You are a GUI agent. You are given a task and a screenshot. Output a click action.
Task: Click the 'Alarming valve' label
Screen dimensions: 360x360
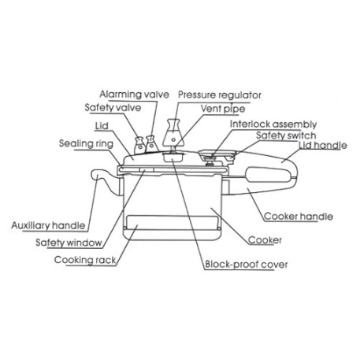click(134, 95)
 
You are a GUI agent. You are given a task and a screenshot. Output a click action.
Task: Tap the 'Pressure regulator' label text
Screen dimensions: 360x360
click(220, 95)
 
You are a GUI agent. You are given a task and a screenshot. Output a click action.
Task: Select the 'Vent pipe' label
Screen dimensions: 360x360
click(223, 109)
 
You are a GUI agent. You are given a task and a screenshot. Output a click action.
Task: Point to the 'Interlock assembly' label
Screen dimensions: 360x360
click(273, 124)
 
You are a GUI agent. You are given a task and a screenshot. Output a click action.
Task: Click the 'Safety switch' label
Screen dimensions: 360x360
click(286, 135)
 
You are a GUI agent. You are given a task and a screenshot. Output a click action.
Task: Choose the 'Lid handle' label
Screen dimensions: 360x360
click(323, 145)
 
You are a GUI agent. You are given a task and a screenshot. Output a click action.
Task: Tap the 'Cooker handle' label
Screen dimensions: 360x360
click(299, 217)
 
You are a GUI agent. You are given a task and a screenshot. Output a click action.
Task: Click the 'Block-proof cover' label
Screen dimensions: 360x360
click(247, 264)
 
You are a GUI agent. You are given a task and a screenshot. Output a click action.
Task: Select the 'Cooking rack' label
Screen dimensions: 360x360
click(85, 260)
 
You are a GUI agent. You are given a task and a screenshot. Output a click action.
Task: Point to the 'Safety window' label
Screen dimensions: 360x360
click(69, 243)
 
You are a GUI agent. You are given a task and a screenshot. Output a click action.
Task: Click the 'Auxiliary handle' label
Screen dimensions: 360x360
click(48, 225)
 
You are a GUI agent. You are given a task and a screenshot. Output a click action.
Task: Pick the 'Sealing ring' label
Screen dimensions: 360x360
click(86, 143)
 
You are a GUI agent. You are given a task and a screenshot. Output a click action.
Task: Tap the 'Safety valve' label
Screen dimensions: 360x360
click(113, 108)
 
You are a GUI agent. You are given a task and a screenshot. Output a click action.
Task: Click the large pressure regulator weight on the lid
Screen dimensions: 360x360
click(173, 133)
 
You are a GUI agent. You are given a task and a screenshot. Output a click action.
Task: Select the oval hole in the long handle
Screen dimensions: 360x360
click(268, 175)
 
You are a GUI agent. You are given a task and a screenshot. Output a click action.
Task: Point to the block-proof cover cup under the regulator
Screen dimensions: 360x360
click(173, 157)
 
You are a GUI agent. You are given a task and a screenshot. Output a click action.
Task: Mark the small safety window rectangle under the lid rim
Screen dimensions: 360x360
click(147, 170)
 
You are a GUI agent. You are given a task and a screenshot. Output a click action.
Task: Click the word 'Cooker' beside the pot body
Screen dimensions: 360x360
click(265, 240)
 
